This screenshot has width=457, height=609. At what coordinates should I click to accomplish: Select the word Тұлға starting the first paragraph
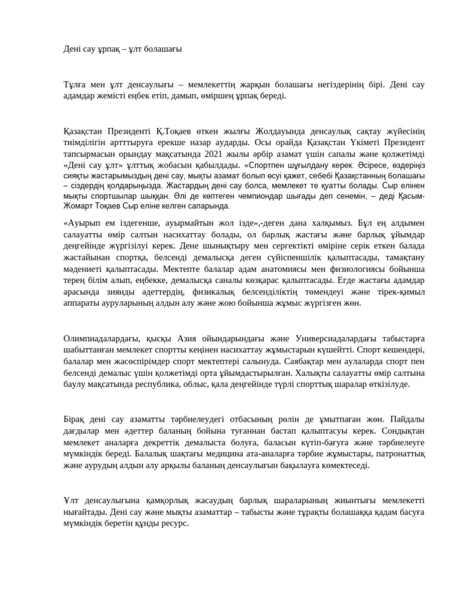tap(74, 84)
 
